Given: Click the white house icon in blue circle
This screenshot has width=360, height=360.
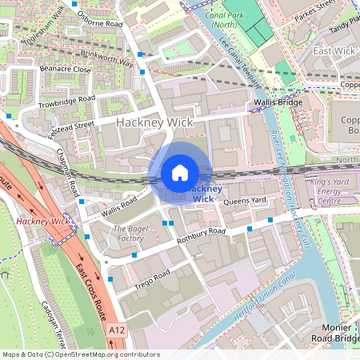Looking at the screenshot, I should tap(180, 173).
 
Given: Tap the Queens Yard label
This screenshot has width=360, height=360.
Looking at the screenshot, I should tap(243, 201).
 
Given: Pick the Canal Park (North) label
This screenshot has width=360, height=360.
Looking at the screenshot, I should tap(226, 21).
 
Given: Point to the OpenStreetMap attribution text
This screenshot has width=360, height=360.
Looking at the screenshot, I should tap(81, 354).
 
